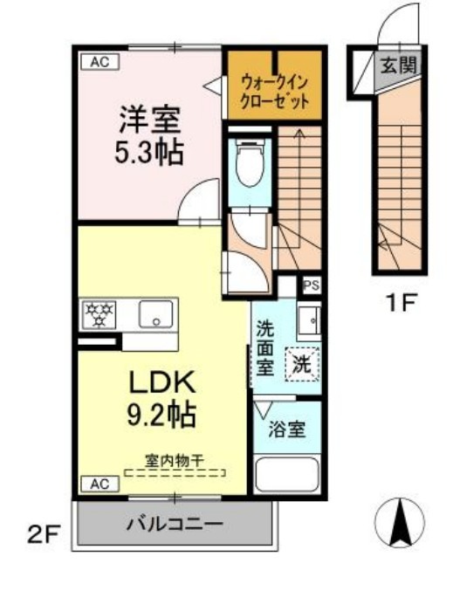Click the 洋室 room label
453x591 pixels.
[145, 120]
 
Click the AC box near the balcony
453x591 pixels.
[98, 483]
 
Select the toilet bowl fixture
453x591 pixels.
[250, 164]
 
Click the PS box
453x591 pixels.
[310, 285]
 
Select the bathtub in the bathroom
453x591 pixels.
[287, 476]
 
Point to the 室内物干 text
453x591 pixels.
[174, 459]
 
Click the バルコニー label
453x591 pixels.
[174, 526]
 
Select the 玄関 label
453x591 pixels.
[397, 65]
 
